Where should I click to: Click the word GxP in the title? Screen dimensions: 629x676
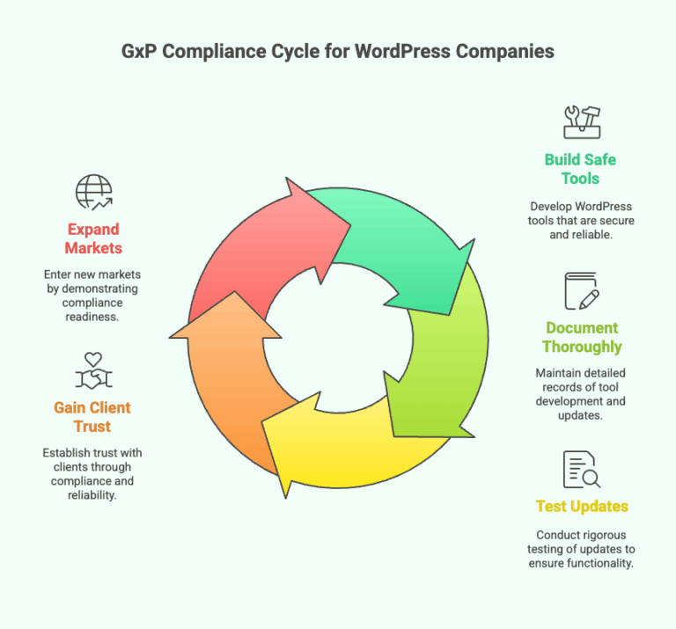tap(141, 51)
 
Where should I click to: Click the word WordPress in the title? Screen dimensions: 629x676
tap(404, 51)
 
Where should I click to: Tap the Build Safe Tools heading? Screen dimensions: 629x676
tap(580, 169)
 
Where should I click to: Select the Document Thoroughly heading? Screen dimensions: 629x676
tap(582, 337)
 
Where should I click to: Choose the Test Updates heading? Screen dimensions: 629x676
tap(582, 507)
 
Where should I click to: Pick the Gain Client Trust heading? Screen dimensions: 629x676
tap(92, 417)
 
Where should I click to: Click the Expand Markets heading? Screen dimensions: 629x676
tap(93, 239)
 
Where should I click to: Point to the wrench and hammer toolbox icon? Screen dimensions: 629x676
tap(581, 121)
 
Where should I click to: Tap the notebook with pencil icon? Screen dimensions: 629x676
tap(581, 291)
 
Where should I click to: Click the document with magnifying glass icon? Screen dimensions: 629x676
tap(581, 469)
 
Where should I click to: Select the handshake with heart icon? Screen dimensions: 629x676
tap(93, 371)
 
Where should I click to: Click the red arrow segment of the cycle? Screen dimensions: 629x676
tap(246, 246)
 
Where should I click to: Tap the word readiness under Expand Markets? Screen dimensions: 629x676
tap(93, 317)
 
